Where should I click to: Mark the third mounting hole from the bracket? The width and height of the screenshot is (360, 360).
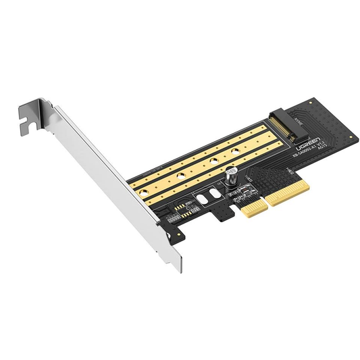tap(213, 161)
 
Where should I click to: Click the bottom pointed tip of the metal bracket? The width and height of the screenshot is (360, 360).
tap(179, 269)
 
